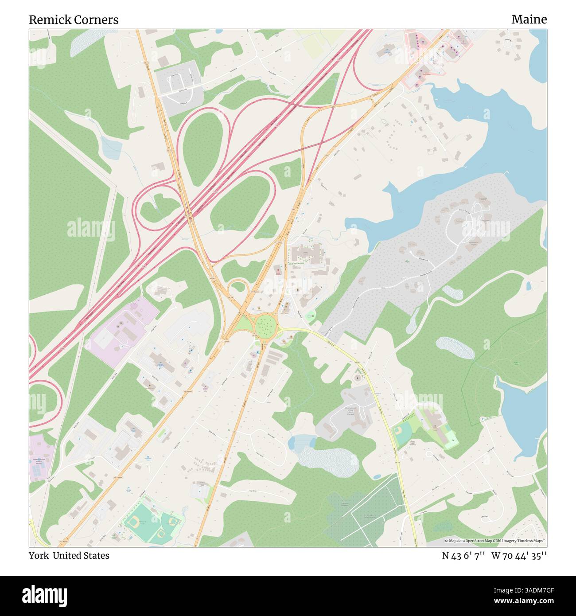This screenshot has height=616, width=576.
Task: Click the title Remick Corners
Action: (74, 19)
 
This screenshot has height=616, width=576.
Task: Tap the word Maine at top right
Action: (529, 19)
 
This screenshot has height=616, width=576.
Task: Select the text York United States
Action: (69, 555)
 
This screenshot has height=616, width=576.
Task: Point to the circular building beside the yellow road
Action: (358, 378)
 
